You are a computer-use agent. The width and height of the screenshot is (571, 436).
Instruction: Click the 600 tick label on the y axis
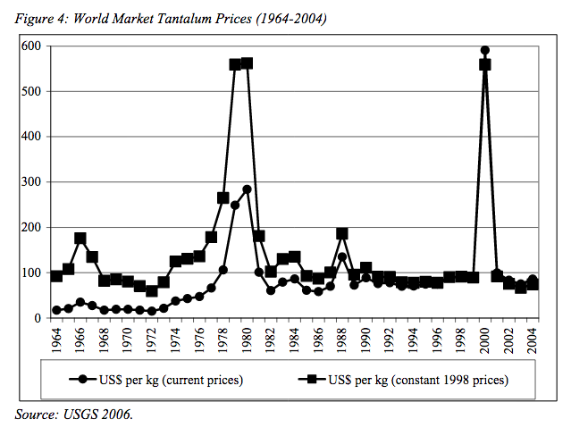pos(32,46)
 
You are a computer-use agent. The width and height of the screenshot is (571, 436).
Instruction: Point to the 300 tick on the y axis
pos(32,182)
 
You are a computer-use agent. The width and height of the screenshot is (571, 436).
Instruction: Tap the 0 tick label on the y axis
pos(38,318)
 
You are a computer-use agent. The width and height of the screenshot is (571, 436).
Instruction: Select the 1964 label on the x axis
pos(57,340)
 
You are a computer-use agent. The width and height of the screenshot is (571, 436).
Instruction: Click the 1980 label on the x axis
pos(248,340)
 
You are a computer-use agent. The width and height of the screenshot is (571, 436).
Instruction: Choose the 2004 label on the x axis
pos(533,340)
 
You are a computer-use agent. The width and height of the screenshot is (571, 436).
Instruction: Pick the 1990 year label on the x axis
pos(366,340)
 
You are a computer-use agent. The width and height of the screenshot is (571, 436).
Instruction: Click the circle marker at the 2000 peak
pos(485,51)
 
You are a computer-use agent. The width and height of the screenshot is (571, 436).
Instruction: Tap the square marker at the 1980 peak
pos(248,63)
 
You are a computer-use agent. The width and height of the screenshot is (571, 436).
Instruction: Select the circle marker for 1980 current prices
pos(248,189)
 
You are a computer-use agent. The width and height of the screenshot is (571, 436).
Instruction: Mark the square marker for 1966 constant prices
pos(80,239)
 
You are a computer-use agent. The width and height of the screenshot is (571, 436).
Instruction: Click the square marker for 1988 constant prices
pos(342,234)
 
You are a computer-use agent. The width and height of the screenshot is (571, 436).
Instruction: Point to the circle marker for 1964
pos(57,310)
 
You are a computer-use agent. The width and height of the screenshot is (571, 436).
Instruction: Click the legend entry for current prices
pos(162,380)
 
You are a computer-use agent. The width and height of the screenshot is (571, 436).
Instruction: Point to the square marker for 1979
pos(235,64)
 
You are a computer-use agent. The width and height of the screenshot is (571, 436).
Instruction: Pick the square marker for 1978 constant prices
pos(223,198)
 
